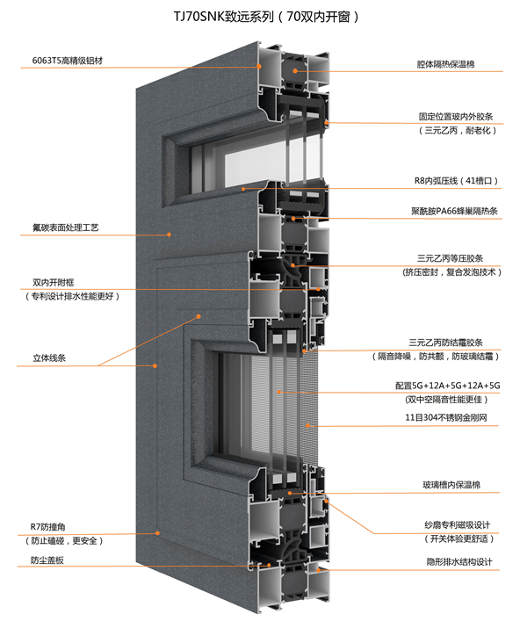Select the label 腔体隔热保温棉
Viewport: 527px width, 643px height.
pyautogui.click(x=447, y=64)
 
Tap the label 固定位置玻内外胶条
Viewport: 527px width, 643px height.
pyautogui.click(x=453, y=115)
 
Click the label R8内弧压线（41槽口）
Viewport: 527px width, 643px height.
pyautogui.click(x=456, y=181)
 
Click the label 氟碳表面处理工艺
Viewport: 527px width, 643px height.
pyautogui.click(x=65, y=228)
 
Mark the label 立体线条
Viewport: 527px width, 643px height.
pyautogui.click(x=49, y=358)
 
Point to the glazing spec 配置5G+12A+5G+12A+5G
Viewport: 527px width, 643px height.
pyautogui.click(x=446, y=385)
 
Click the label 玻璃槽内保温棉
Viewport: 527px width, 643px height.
pyautogui.click(x=450, y=484)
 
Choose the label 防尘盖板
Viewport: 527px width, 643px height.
pyautogui.click(x=47, y=560)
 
